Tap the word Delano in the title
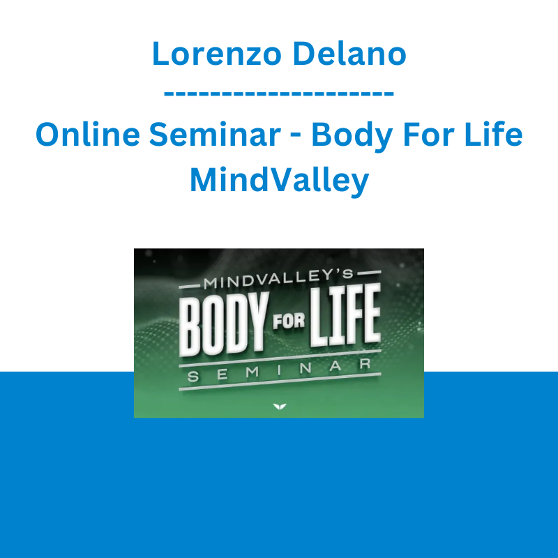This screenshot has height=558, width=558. (350, 54)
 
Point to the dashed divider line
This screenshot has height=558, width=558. (279, 93)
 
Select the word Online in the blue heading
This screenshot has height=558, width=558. (88, 134)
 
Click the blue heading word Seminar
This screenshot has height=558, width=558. (215, 134)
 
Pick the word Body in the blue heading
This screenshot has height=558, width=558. (352, 137)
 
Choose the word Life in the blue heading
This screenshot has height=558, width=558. (494, 134)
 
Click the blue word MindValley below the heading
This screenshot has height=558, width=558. (280, 181)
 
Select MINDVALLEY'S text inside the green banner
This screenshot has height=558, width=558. (278, 279)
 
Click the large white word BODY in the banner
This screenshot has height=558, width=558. (223, 324)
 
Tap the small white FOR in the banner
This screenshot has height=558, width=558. (289, 322)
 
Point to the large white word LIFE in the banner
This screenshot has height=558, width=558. (345, 315)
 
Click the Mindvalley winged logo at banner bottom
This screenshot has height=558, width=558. (280, 407)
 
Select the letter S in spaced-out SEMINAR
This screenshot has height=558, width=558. (193, 377)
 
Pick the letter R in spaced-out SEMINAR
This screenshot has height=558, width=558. (365, 364)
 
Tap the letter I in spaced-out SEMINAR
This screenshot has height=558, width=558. (279, 370)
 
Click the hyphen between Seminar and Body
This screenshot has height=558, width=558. (296, 137)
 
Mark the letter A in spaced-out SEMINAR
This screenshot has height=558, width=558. (335, 367)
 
